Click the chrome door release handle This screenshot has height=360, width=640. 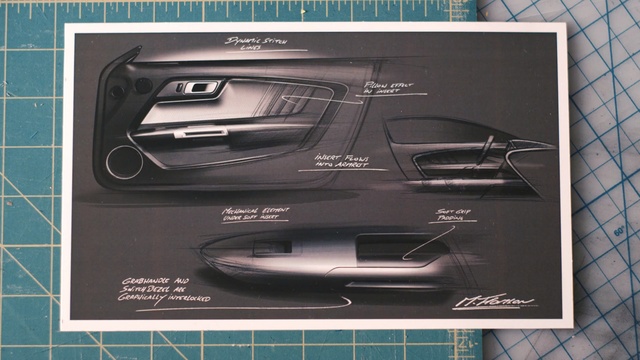(x=201, y=88)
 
